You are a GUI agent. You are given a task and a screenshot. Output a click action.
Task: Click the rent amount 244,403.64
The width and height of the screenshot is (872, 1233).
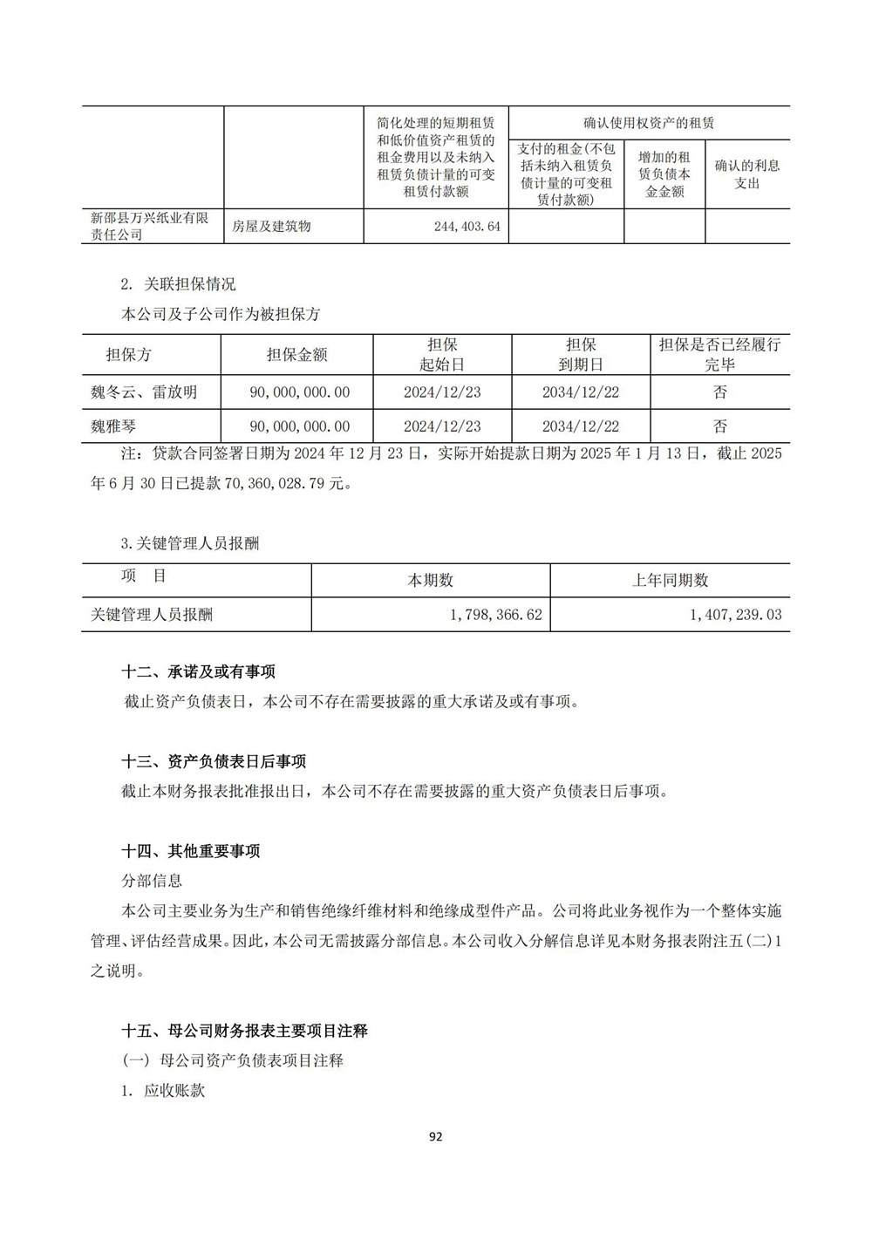click(467, 227)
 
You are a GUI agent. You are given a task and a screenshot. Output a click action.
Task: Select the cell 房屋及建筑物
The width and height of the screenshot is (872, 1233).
click(271, 227)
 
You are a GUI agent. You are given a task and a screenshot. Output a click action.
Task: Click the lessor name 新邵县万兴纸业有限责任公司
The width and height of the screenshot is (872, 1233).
click(150, 227)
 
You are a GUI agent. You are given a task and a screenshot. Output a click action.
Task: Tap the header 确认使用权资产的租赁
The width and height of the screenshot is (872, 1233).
click(649, 123)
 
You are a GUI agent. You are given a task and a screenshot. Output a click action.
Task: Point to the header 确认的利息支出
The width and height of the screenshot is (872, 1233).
click(746, 174)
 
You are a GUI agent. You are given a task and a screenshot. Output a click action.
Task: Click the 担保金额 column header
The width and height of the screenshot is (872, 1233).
click(296, 355)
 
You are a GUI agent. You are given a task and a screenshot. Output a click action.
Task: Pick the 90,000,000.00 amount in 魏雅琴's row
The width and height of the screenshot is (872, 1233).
click(299, 426)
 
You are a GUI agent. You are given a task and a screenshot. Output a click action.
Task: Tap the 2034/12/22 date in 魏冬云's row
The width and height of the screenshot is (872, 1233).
click(580, 392)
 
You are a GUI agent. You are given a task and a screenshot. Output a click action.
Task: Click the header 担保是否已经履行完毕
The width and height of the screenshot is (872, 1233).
click(719, 355)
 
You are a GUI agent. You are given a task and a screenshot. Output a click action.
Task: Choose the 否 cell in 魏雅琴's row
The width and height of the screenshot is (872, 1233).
click(719, 426)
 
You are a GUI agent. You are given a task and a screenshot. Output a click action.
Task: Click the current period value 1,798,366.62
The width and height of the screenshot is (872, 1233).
click(496, 615)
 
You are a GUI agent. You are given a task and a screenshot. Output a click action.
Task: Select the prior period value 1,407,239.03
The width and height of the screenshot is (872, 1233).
click(735, 615)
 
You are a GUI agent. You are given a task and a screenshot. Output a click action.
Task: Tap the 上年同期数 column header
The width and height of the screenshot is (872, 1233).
click(670, 581)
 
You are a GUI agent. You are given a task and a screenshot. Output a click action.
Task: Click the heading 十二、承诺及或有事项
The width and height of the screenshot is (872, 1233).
click(198, 671)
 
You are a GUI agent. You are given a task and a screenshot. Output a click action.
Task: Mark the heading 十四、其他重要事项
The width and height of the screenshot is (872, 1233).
click(190, 851)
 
